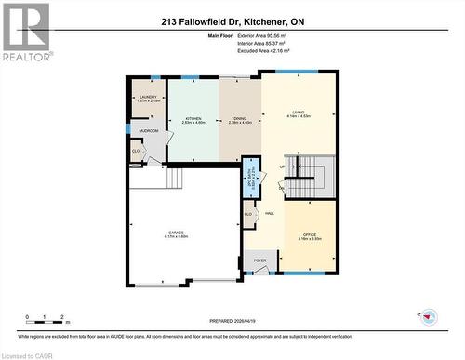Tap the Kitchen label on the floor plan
click(x=193, y=120)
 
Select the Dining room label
click(x=239, y=120)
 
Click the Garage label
click(x=177, y=234)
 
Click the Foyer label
click(x=259, y=260)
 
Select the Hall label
click(x=270, y=214)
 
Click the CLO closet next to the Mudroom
click(x=136, y=151)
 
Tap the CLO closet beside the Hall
click(x=248, y=215)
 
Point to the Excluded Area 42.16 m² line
click(x=291, y=50)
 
